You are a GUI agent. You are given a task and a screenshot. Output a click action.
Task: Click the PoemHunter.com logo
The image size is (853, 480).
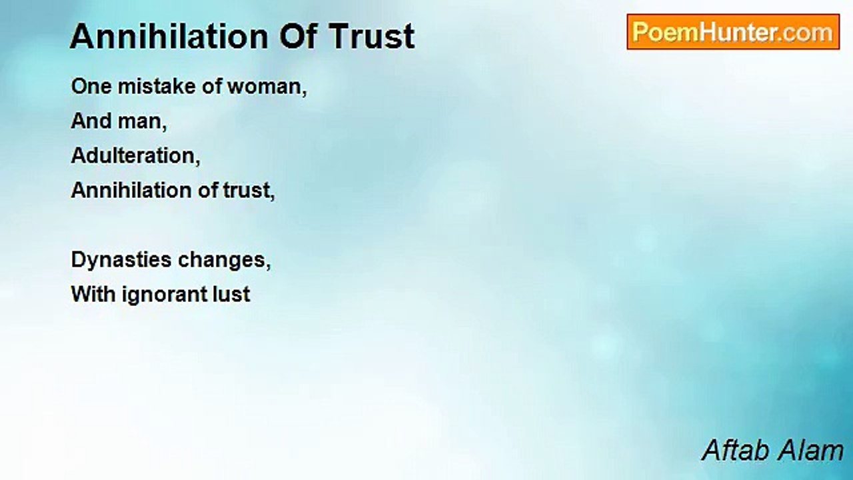coord(733,32)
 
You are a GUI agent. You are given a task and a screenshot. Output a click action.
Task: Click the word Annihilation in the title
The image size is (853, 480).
coord(169,36)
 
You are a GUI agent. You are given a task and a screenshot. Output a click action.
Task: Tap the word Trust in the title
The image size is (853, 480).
coord(372,36)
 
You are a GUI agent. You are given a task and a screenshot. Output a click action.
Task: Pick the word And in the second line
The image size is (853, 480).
coord(91,121)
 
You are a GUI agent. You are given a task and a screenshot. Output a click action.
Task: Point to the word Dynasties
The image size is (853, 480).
coord(121,261)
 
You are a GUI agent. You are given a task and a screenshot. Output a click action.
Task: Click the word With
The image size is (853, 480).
coord(93,294)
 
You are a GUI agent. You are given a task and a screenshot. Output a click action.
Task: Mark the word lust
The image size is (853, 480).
coord(231,294)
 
